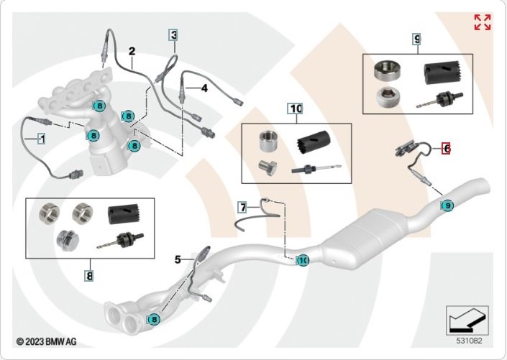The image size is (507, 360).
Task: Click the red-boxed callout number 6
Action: (447, 149)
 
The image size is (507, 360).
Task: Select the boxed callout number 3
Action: (173, 34)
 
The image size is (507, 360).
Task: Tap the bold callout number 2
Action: (132, 51)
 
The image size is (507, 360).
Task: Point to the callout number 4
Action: (204, 88)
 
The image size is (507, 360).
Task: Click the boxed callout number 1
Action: (42, 139)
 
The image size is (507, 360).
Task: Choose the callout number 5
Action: (178, 259)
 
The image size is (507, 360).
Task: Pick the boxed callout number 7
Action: (243, 207)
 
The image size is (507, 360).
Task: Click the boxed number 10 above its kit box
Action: (296, 109)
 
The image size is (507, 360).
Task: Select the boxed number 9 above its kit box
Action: (417, 39)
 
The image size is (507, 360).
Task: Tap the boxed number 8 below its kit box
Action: (89, 276)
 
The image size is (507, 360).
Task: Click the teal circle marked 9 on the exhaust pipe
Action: (447, 206)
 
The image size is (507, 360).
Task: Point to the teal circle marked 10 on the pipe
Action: (303, 260)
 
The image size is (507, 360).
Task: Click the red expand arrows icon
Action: (483, 22)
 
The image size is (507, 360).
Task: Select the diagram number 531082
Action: (469, 341)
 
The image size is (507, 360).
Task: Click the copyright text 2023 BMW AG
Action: (46, 341)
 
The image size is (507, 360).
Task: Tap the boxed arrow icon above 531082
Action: (467, 320)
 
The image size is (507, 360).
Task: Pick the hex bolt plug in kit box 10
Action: (268, 167)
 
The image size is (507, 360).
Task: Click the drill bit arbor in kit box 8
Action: (120, 240)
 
